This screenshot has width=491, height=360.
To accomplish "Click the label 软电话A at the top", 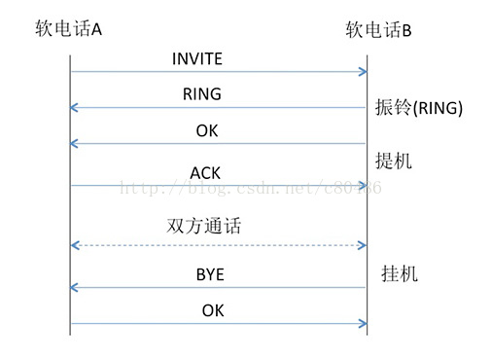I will (68, 29).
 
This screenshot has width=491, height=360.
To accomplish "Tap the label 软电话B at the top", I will (379, 30).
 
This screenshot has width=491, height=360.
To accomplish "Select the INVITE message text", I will (197, 59).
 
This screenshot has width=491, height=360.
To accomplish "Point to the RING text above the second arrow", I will (202, 94).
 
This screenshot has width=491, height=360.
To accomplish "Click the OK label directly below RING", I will (207, 130).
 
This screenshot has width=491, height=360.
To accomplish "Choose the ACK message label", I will (205, 173).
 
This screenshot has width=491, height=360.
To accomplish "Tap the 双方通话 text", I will (204, 227).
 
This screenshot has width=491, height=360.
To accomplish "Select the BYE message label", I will (209, 275).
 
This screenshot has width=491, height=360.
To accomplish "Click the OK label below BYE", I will (213, 311).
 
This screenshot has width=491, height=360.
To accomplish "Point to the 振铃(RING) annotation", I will (418, 108).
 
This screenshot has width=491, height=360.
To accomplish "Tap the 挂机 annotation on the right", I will (399, 274).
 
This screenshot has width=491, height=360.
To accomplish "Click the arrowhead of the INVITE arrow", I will (364, 71).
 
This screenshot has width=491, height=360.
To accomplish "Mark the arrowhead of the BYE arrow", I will (75, 288).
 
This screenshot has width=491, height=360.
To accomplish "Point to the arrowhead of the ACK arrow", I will (364, 185).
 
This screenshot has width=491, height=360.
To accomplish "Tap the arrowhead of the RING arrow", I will (75, 107).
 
